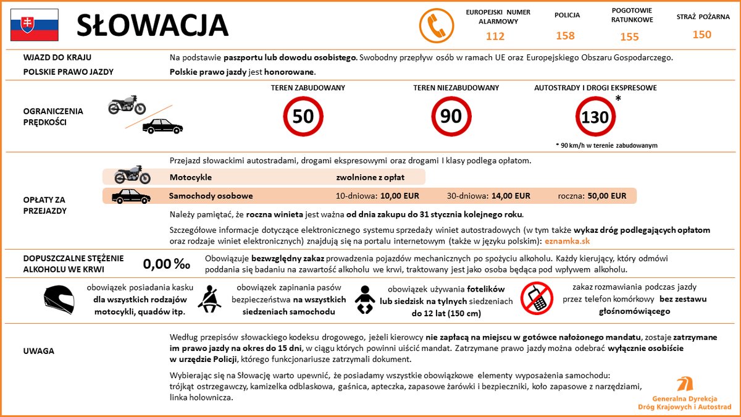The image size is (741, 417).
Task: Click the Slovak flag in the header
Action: tap(34, 25)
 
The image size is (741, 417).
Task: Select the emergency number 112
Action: tap(495, 36)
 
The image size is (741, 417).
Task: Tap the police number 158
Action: tap(565, 35)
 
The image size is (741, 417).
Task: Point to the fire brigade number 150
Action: tap(702, 35)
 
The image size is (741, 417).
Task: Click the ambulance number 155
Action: tap(629, 36)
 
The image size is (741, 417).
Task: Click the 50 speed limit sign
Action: tap(303, 116)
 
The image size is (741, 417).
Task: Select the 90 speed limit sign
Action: tap(451, 116)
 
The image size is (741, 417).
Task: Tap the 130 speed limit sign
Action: tap(595, 117)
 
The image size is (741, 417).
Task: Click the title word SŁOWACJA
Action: tap(152, 26)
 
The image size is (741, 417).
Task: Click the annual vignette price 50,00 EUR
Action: tap(606, 196)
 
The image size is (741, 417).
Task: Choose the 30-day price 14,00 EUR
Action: tap(511, 196)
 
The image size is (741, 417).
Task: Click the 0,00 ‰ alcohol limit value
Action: tap(166, 264)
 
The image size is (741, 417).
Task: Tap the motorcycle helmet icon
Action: tap(59, 300)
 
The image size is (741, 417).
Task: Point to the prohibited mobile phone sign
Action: tap(535, 297)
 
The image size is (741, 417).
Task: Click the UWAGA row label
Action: tap(38, 351)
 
